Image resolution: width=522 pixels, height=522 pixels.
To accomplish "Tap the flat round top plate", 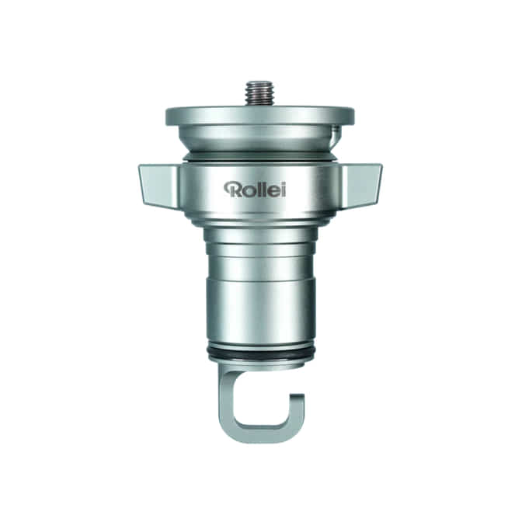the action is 259,117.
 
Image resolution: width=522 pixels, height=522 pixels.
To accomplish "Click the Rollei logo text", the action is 255,189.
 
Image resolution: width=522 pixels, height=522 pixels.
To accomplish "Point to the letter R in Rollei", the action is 231,189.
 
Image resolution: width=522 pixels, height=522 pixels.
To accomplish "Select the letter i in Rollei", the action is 283,190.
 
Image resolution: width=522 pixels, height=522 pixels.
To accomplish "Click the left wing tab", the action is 159,184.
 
